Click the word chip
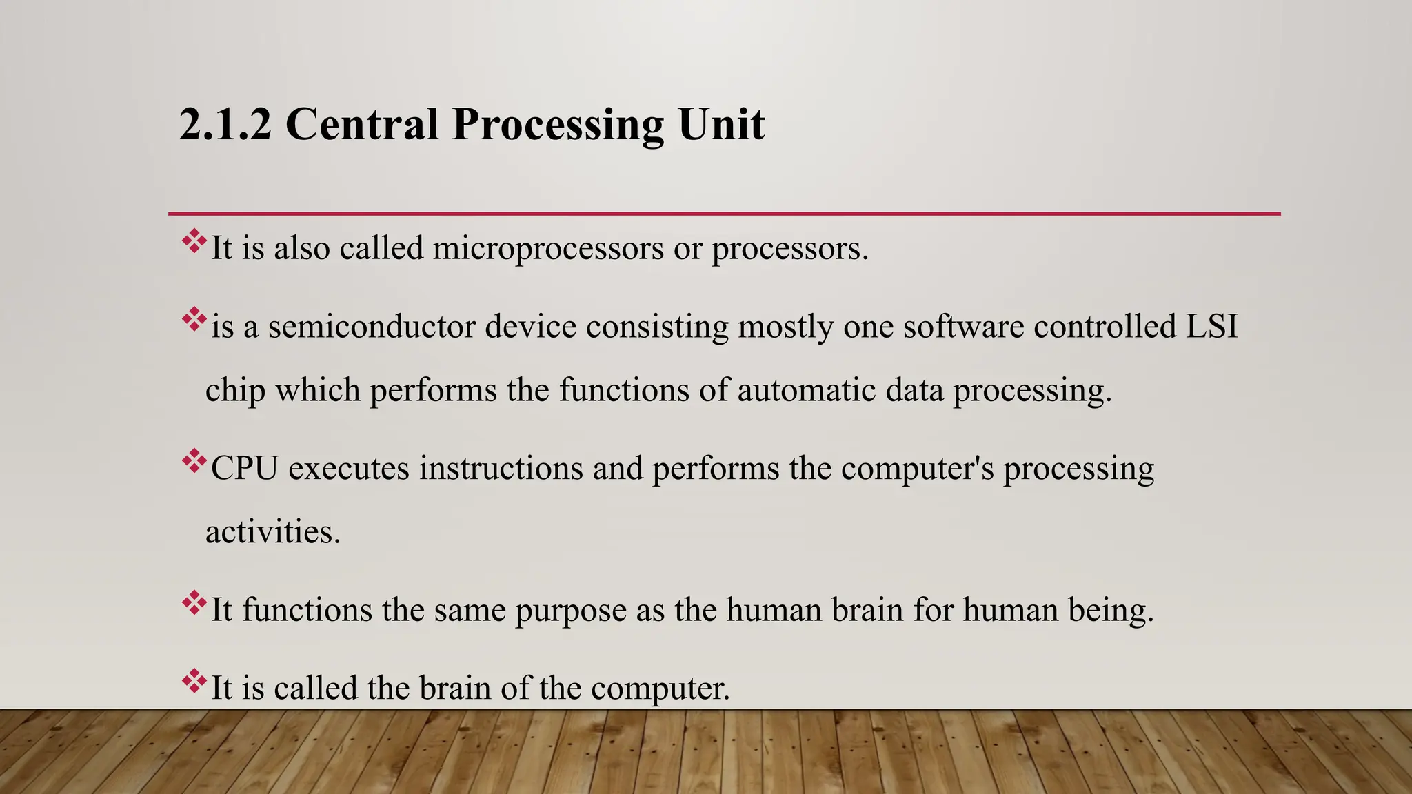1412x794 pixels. click(x=235, y=391)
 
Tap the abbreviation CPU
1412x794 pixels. click(x=245, y=469)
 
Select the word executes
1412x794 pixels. click(x=349, y=469)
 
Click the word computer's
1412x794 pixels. click(x=917, y=469)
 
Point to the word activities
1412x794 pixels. click(x=273, y=532)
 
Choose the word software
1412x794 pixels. click(x=963, y=326)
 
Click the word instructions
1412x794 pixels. click(x=501, y=469)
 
